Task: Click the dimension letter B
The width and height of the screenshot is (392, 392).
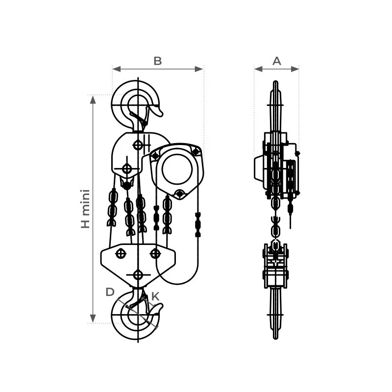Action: pyautogui.click(x=158, y=61)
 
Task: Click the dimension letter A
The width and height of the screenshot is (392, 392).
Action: pyautogui.click(x=276, y=61)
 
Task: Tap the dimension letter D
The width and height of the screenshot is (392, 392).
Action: pyautogui.click(x=110, y=292)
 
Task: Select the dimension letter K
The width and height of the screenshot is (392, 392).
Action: pyautogui.click(x=155, y=296)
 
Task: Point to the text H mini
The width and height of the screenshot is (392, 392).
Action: pyautogui.click(x=85, y=209)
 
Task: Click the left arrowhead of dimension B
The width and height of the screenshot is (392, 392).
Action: pyautogui.click(x=117, y=69)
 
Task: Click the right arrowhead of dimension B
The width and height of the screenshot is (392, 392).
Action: pyautogui.click(x=199, y=69)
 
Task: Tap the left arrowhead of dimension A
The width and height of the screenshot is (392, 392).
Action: pyautogui.click(x=259, y=69)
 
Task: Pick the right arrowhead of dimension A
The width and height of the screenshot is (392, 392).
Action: pyautogui.click(x=295, y=69)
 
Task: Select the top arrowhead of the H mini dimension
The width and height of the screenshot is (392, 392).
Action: pyautogui.click(x=93, y=99)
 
